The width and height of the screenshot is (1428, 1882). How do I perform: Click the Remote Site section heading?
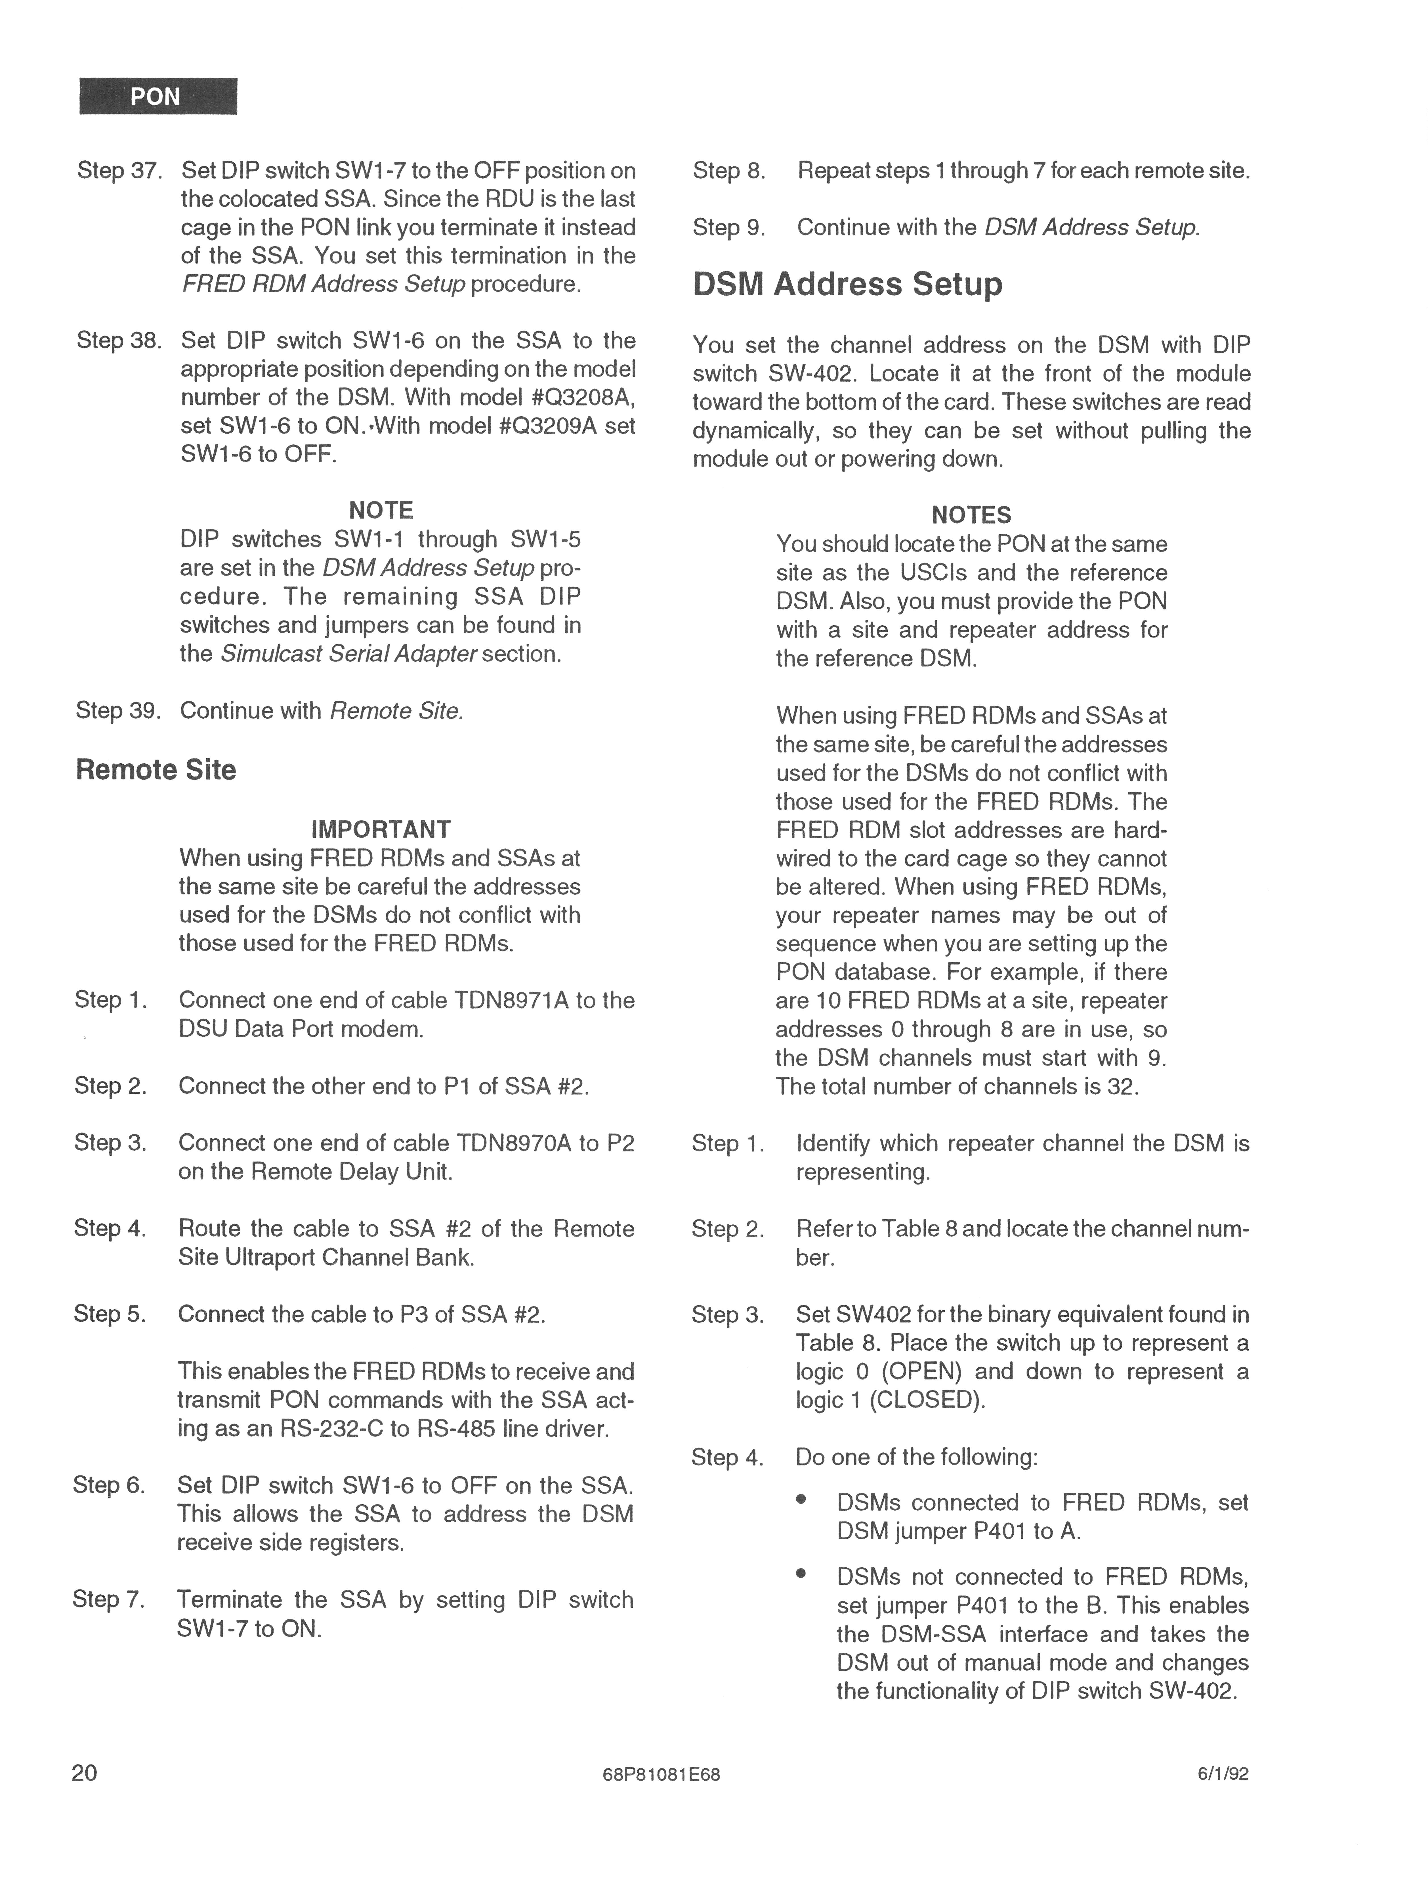[156, 769]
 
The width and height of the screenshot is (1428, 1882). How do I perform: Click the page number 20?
[85, 1772]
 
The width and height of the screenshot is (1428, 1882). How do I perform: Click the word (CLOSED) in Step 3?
[927, 1400]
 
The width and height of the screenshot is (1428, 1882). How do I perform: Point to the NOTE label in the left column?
[381, 511]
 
